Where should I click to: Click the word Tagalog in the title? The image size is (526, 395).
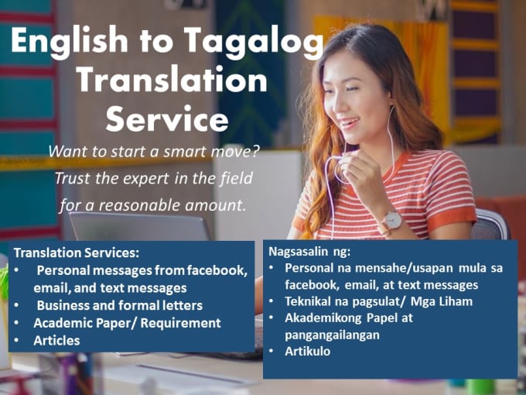(x=253, y=43)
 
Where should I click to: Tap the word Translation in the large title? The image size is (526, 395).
(x=172, y=81)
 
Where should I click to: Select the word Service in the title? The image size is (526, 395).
(x=167, y=119)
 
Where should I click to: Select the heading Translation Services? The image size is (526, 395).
(x=77, y=252)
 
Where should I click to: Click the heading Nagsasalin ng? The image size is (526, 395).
(x=309, y=252)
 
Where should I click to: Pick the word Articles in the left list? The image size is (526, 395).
(x=56, y=341)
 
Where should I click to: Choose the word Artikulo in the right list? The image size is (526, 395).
(x=308, y=352)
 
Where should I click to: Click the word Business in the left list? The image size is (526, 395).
(x=63, y=305)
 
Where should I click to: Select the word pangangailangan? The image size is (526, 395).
(x=332, y=335)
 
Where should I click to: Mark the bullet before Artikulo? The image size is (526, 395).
(x=271, y=352)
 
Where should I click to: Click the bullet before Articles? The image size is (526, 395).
(x=16, y=341)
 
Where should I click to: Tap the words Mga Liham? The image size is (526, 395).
(x=442, y=301)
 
